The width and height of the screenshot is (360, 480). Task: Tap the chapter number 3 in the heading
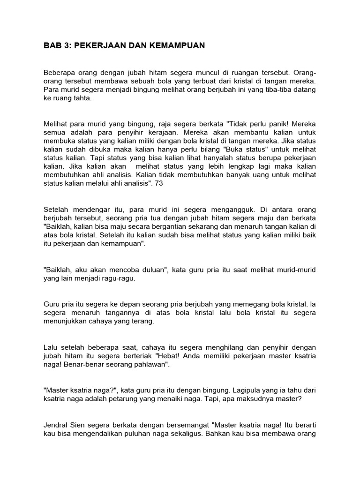66,46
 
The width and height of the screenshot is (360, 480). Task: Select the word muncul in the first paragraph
203,73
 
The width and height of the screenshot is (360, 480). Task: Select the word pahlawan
150,364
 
